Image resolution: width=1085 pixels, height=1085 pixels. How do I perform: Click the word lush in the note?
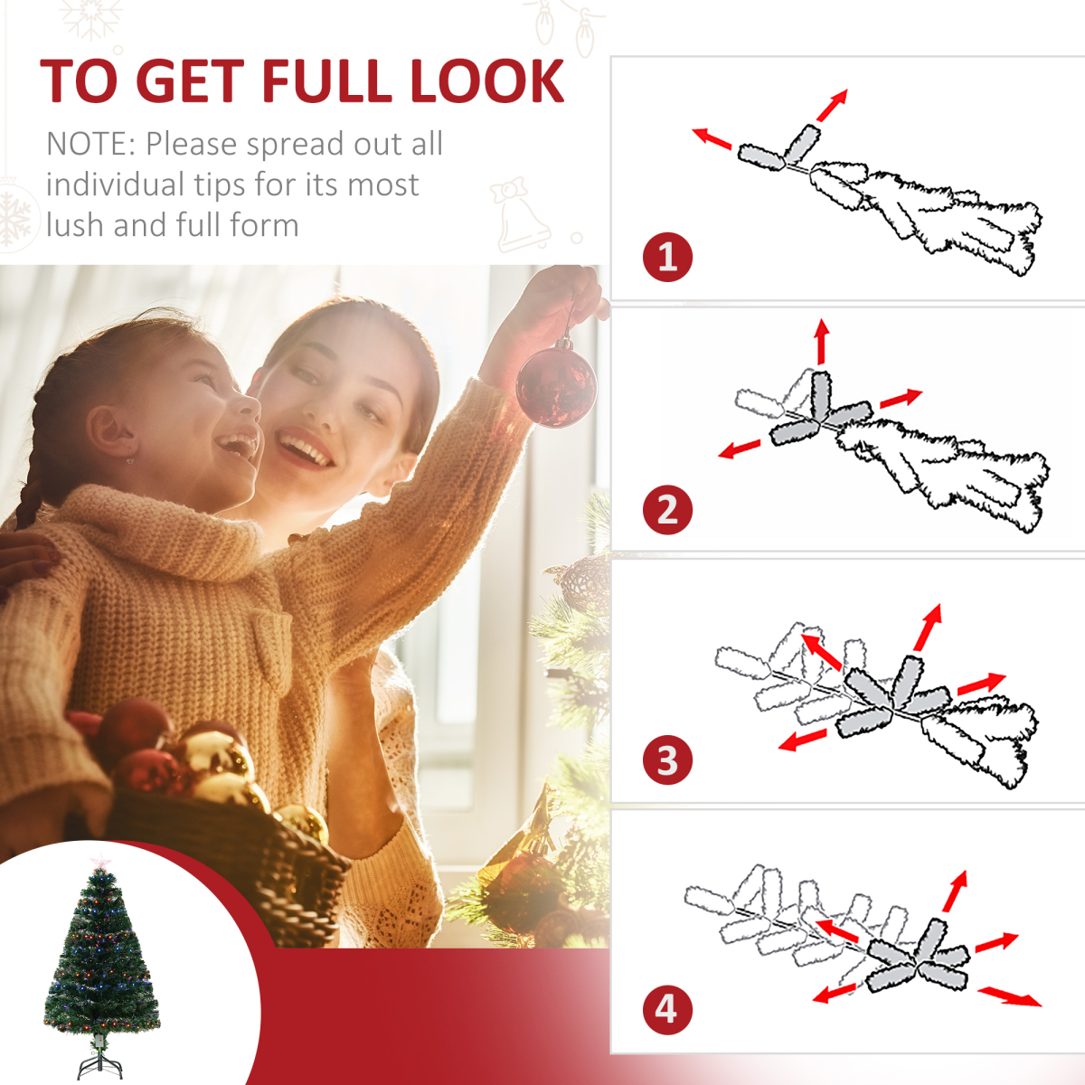[x=75, y=225]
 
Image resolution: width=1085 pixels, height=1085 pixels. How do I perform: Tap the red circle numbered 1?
[x=667, y=258]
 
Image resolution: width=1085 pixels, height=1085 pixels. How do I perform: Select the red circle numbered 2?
[x=667, y=509]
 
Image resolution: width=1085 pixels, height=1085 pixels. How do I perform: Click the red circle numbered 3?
[x=667, y=760]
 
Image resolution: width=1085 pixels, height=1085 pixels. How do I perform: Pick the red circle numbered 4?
[x=667, y=1008]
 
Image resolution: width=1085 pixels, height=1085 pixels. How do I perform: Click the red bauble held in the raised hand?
[x=555, y=384]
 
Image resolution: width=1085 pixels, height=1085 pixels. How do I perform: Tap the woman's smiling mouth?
[x=304, y=448]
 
